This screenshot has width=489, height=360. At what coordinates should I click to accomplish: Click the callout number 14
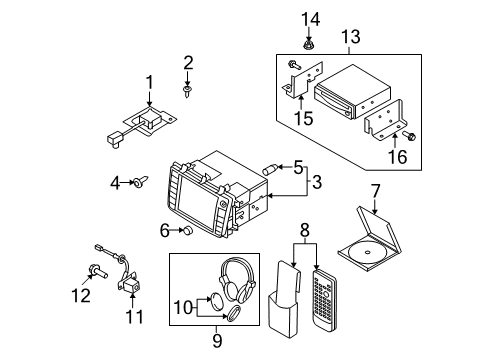pyautogui.click(x=311, y=19)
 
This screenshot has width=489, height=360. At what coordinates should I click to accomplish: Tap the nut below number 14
pyautogui.click(x=307, y=44)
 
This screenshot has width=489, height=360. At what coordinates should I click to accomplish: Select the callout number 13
pyautogui.click(x=351, y=37)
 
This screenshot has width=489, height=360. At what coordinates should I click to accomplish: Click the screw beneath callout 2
pyautogui.click(x=188, y=91)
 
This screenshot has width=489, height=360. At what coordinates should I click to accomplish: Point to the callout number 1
pyautogui.click(x=150, y=82)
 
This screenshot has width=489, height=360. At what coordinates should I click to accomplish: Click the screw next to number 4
pyautogui.click(x=141, y=182)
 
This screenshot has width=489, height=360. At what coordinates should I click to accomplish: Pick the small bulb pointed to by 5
pyautogui.click(x=270, y=169)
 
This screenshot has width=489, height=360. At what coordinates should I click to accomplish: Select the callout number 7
pyautogui.click(x=375, y=192)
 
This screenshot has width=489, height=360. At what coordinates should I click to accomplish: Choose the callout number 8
pyautogui.click(x=305, y=230)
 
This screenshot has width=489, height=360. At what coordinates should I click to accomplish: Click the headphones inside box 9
pyautogui.click(x=237, y=281)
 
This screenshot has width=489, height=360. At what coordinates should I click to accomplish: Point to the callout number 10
pyautogui.click(x=183, y=307)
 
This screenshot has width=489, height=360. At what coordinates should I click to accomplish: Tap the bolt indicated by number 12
pyautogui.click(x=97, y=271)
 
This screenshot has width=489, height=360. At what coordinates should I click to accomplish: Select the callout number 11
pyautogui.click(x=135, y=317)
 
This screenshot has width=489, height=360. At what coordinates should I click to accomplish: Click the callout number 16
pyautogui.click(x=398, y=157)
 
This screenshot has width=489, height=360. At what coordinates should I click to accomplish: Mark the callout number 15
pyautogui.click(x=304, y=118)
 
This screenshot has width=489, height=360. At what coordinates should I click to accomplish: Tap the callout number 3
pyautogui.click(x=317, y=182)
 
